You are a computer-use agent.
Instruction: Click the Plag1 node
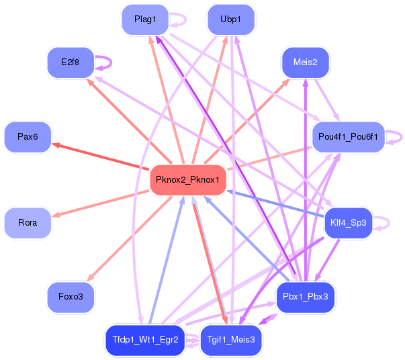[x=145, y=19]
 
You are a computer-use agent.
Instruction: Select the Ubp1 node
[x=231, y=19]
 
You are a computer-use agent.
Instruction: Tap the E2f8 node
[x=71, y=62]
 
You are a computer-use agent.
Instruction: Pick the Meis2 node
[x=306, y=62]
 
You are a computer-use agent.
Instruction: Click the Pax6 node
[x=28, y=137]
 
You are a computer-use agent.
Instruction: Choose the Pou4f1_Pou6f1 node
[x=348, y=137]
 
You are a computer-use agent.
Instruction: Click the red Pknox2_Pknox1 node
[x=188, y=180]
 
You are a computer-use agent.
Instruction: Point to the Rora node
[x=28, y=223]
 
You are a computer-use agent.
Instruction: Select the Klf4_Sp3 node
[x=348, y=223]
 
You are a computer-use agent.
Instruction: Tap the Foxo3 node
[x=71, y=297]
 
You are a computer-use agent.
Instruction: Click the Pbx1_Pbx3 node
[x=306, y=297]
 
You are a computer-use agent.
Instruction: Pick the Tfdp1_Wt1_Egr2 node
[x=145, y=340]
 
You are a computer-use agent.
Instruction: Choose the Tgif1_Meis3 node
[x=231, y=340]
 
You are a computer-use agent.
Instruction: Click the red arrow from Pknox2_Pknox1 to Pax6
[x=101, y=156]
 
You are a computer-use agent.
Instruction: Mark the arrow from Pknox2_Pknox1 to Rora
[x=101, y=204]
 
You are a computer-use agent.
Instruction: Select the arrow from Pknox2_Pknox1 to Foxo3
[x=129, y=239]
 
